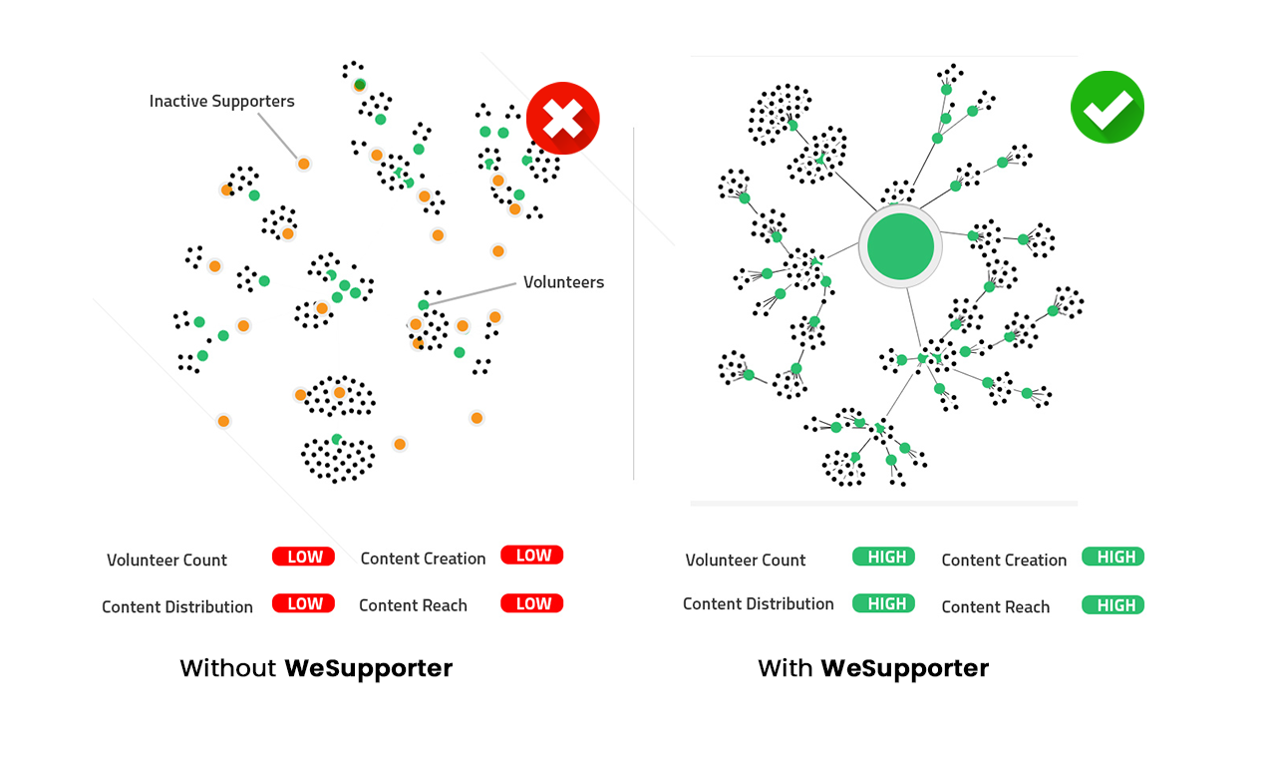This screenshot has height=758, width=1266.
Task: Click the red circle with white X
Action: pos(563,118)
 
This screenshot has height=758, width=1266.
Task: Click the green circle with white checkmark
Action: pos(1107,108)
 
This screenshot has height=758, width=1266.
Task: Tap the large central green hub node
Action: pos(900,246)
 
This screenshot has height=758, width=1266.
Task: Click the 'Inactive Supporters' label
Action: pos(221,102)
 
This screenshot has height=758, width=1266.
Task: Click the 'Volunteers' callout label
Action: pos(563,282)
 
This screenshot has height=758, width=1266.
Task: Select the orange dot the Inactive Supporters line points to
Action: pos(303,164)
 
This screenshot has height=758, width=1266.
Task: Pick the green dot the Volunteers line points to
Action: pos(424,305)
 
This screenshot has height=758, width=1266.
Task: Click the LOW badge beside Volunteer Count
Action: pos(303,557)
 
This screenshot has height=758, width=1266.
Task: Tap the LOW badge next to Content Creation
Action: pos(532,556)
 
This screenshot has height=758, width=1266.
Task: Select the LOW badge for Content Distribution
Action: pos(303,603)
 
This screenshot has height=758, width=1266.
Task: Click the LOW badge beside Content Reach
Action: pos(532,603)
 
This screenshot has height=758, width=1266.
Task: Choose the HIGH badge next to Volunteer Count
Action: pos(883,557)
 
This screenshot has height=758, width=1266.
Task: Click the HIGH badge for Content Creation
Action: pos(1112,557)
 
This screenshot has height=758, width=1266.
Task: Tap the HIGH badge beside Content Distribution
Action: pos(883,603)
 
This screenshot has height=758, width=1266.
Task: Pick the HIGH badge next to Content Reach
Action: pos(1112,605)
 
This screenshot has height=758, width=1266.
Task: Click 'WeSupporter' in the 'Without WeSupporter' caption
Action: pos(369,668)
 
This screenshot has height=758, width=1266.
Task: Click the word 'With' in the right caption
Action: pos(786,668)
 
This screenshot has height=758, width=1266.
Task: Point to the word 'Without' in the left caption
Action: pos(228,668)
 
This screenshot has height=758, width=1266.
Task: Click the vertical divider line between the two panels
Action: pos(634,299)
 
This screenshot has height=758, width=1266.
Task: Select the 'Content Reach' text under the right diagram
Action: pos(995,607)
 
